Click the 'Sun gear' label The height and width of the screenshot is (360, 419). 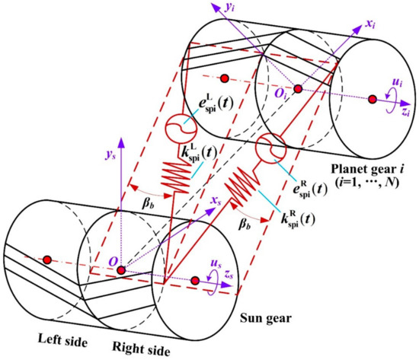point(266,319)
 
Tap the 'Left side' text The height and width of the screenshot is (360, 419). point(62,339)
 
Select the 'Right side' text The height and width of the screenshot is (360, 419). point(141,349)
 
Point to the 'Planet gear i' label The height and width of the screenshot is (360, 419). point(367,169)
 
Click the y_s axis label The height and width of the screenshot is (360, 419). point(110,155)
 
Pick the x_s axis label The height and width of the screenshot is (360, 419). point(216,200)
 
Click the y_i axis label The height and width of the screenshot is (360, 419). point(230,7)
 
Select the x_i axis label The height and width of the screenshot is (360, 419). point(370,24)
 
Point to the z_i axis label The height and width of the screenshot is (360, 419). point(405,112)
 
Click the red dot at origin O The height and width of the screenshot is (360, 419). point(121,270)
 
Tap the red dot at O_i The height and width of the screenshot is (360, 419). point(298,88)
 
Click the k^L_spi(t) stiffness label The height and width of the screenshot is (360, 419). point(199,153)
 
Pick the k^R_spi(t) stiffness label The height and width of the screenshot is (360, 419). point(298,219)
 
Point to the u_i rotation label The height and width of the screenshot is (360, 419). point(397,82)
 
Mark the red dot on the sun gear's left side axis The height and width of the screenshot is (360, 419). point(47,260)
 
